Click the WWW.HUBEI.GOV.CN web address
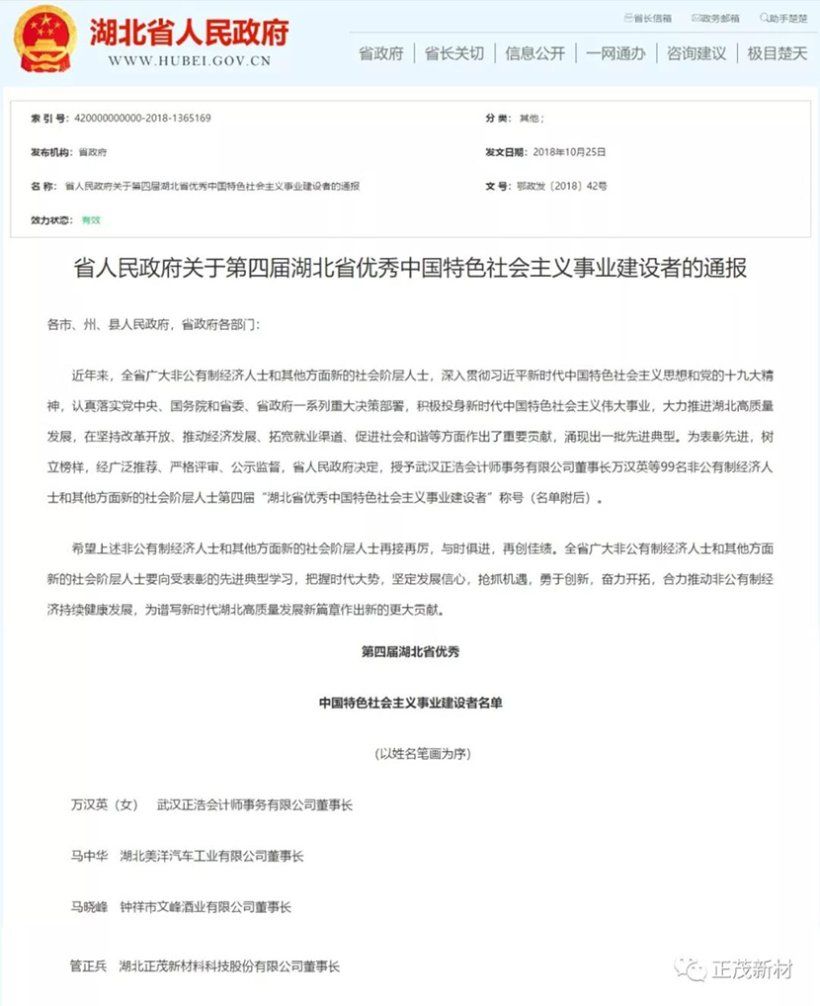pos(189,60)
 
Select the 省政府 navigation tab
pos(380,53)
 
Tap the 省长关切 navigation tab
pos(454,53)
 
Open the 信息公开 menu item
pos(534,53)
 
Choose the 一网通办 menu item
pos(615,53)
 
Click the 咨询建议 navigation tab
pos(696,53)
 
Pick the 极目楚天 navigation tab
pos(777,53)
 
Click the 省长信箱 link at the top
pos(651,18)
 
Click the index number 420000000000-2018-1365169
pos(137,119)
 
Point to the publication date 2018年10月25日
pos(569,152)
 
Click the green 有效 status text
pos(91,219)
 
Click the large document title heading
pos(410,269)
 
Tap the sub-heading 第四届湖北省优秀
pos(410,652)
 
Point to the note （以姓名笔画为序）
pos(410,754)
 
